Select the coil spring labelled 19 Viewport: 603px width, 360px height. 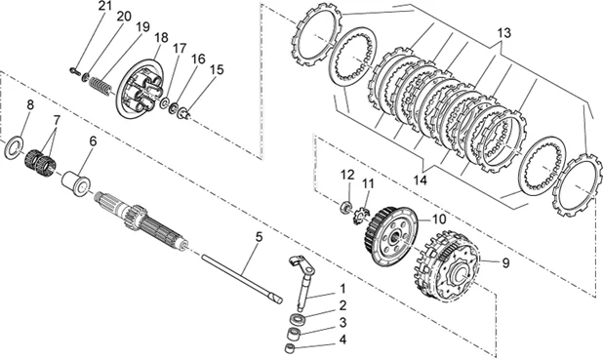pos(100,86)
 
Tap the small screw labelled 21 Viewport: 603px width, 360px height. pos(74,70)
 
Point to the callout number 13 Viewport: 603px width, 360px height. pos(503,33)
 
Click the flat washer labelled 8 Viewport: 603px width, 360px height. pos(14,147)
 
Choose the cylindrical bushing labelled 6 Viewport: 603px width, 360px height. pos(76,183)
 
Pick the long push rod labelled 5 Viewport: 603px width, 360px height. pos(242,278)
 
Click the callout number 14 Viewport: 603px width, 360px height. pos(421,180)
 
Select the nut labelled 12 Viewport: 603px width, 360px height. pos(346,207)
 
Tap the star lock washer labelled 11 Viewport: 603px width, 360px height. pos(361,216)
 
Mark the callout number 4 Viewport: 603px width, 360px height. pos(342,339)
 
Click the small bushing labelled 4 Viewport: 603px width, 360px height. pos(290,339)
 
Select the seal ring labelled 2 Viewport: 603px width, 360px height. pos(297,319)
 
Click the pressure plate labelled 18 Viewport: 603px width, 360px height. pos(141,89)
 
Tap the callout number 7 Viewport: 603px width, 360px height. pos(57,120)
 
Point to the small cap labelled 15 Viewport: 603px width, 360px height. pos(183,113)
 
